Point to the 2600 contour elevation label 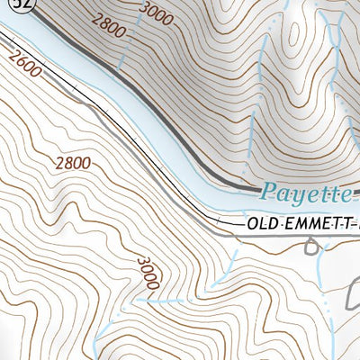[24, 63]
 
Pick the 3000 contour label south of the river [149, 272]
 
